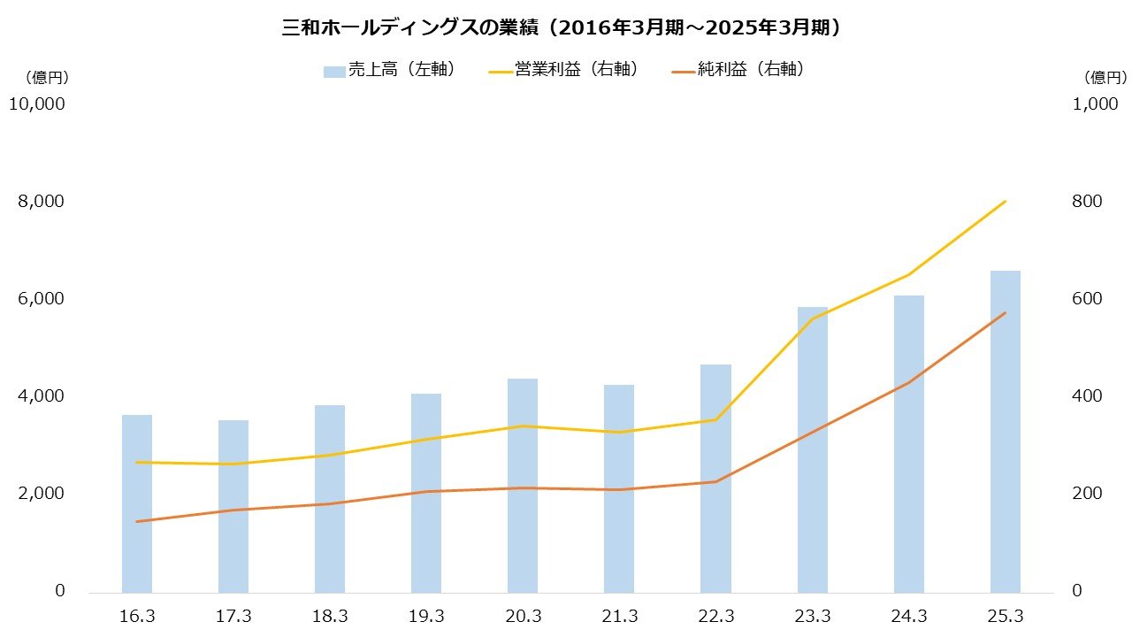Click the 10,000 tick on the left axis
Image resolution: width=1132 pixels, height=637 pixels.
tap(36, 104)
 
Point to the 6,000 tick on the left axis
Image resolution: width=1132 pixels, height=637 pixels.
tap(42, 299)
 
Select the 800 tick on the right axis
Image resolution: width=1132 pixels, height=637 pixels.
tap(1087, 202)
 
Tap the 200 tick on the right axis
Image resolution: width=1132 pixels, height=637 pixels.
tap(1087, 494)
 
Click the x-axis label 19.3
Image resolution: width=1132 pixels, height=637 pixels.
tap(426, 616)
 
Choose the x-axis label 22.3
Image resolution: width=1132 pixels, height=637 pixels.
tap(715, 616)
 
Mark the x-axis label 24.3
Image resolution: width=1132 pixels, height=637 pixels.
tap(909, 616)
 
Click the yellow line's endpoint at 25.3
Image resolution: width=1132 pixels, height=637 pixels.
tap(1006, 202)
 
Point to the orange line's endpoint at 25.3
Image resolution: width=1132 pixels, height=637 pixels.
tap(1006, 313)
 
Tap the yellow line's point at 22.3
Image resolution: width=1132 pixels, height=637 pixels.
tap(715, 419)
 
